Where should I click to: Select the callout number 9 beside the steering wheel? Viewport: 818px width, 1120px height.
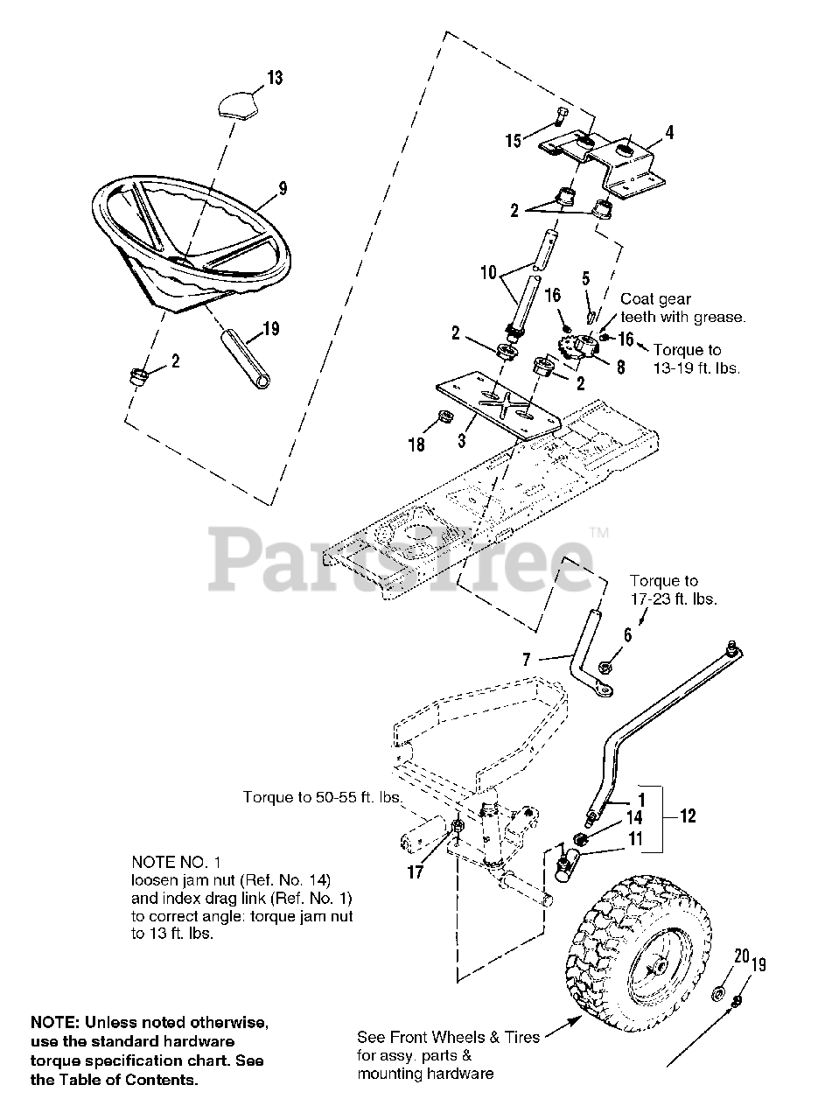(283, 188)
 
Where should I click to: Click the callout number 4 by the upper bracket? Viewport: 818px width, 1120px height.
(669, 133)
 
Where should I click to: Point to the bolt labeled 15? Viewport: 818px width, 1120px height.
(560, 116)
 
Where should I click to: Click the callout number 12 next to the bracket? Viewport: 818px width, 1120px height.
(688, 816)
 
